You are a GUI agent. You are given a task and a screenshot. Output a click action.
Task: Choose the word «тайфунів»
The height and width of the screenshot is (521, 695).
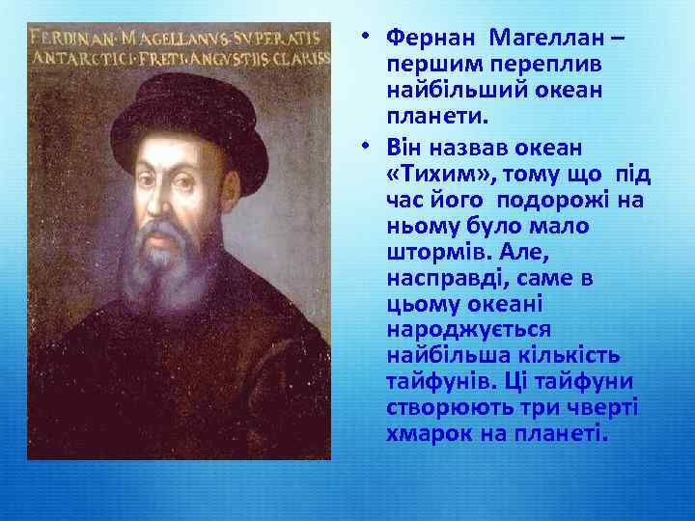tap(434, 382)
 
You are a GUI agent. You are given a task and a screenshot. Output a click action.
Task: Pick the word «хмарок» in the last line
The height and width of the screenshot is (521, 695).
tap(424, 433)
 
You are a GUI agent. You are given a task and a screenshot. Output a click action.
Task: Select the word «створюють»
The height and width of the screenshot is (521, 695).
tap(446, 408)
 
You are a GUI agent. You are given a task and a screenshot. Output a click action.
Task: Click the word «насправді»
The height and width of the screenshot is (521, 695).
tap(439, 279)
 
